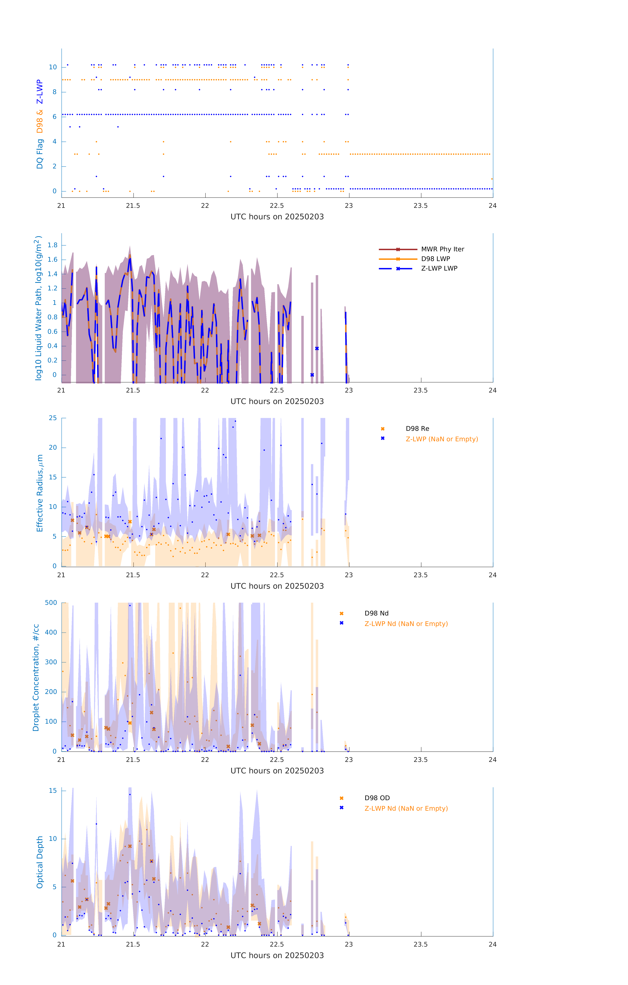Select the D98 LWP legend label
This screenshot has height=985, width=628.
coord(435,259)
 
